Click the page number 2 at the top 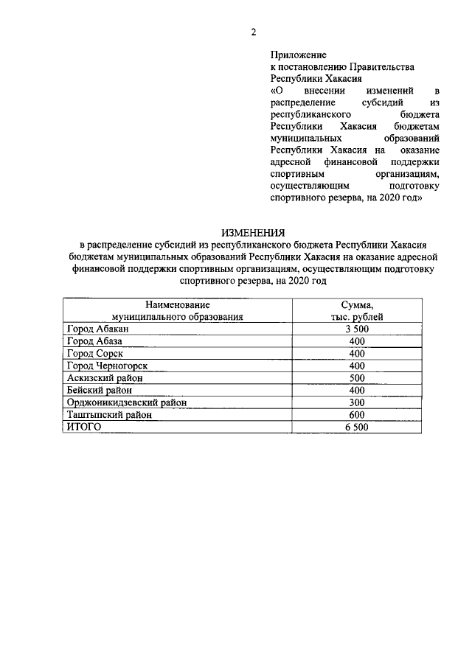pos(253,32)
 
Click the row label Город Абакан pos(97,329)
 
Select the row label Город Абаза pos(94,341)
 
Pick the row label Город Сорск pos(94,353)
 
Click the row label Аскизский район pos(104,377)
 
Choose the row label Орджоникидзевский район pos(125,402)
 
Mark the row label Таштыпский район pos(108,415)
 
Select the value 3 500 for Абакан pos(357,329)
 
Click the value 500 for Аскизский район pos(357,377)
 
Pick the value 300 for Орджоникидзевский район pos(357,402)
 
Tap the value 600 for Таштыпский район pos(357,415)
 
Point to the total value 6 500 pos(357,427)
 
